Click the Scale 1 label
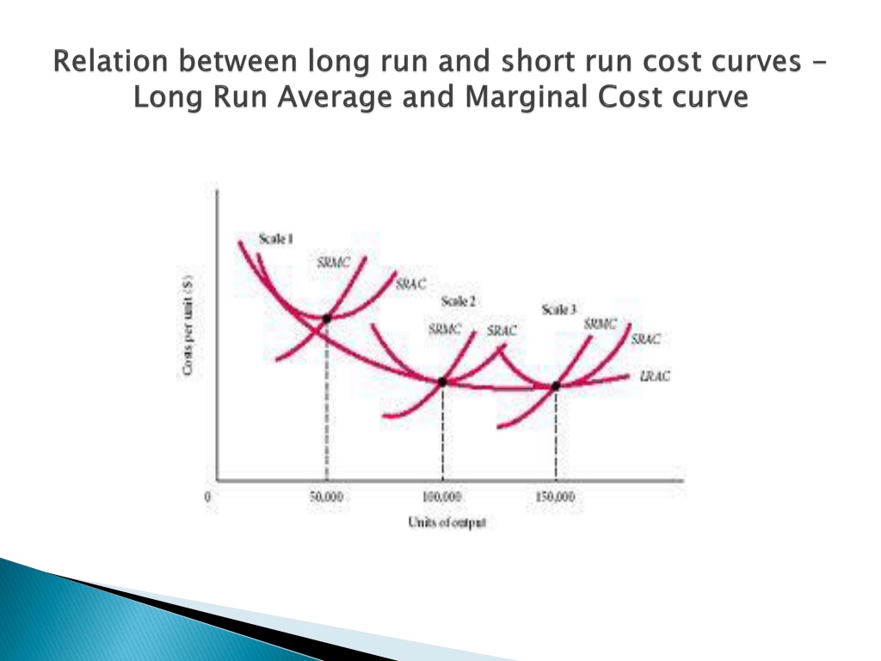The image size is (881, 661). point(276,239)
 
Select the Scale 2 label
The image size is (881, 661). point(459,301)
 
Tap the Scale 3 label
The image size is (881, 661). point(559,309)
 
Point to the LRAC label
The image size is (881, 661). point(655,376)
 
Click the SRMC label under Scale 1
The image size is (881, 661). point(333,263)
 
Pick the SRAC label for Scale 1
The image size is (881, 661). point(411,284)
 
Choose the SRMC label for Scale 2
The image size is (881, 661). point(445,329)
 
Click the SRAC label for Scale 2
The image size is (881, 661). point(502,330)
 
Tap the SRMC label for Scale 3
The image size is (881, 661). point(600,324)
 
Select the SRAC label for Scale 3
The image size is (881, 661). point(645,339)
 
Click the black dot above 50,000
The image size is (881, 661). point(326,318)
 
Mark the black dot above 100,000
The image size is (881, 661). point(442,382)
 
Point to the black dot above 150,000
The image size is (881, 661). point(556,386)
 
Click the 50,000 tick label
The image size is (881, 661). point(326,497)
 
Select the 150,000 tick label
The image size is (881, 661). point(555,497)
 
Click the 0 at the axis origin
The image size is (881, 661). point(208,497)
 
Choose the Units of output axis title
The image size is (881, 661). point(447,522)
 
